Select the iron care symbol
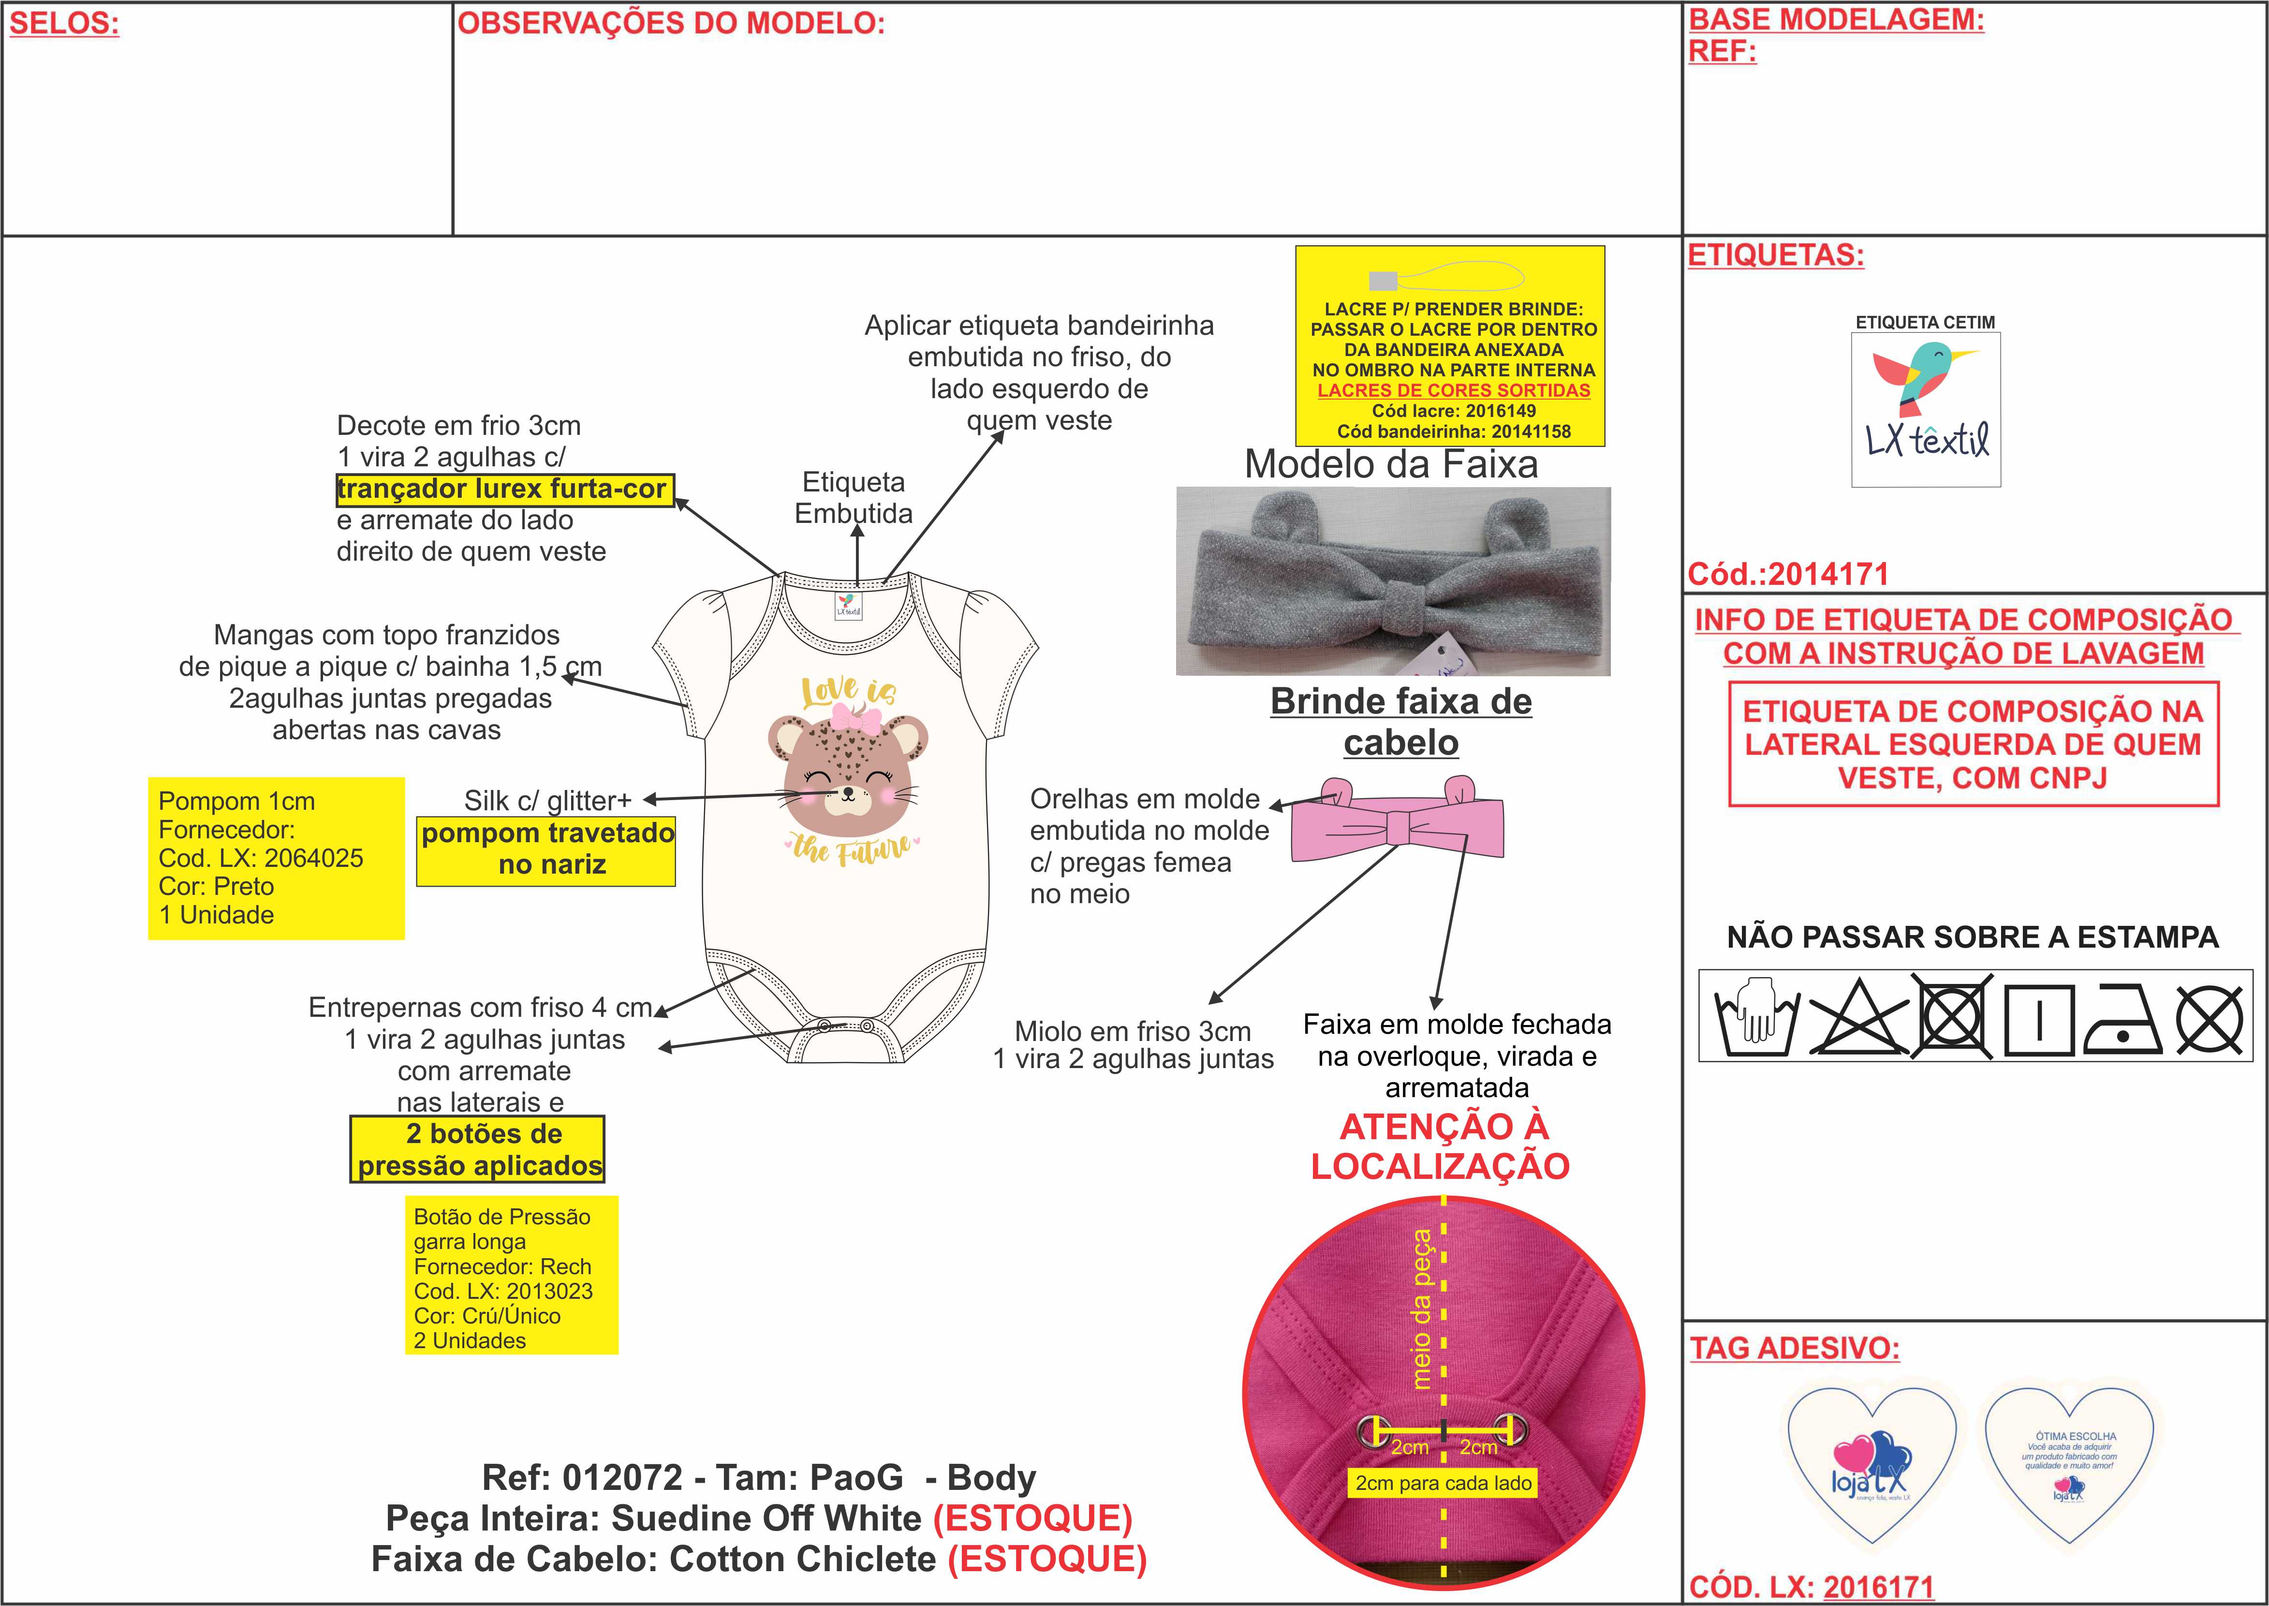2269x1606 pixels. (2121, 1019)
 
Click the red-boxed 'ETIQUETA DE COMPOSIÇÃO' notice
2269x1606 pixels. (1973, 744)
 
